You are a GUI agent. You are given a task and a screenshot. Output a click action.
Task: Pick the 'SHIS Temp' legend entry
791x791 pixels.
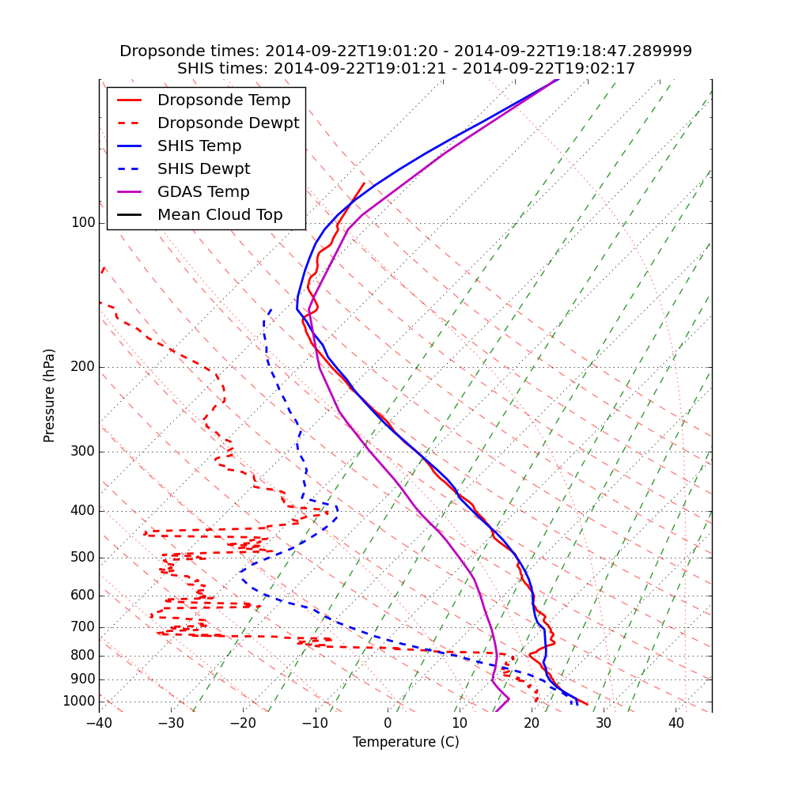199,146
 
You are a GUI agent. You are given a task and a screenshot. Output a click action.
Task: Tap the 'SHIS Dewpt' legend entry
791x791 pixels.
203,169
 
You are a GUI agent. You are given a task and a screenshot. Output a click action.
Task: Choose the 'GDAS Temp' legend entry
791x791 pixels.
203,192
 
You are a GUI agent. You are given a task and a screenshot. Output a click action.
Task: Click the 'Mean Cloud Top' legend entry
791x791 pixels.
220,215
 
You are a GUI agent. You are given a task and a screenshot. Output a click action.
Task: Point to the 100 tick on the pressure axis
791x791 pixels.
83,223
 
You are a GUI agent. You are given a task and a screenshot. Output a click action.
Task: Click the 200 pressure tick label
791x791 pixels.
83,367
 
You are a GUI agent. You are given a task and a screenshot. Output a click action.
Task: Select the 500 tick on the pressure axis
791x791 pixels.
83,558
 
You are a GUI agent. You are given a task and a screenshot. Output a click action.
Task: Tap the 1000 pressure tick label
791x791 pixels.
79,702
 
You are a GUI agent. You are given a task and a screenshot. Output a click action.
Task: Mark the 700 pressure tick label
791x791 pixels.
83,627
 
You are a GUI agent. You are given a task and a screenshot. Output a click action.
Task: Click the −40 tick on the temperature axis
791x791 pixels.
99,723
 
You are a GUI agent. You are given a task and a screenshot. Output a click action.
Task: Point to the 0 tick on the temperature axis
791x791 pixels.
388,723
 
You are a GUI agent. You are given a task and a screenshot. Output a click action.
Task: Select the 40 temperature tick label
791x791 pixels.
676,723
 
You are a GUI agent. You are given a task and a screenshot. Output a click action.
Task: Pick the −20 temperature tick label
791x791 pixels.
243,723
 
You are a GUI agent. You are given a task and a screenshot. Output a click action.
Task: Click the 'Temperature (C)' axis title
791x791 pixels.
406,743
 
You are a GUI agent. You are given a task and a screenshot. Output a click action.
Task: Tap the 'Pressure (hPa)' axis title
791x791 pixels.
50,395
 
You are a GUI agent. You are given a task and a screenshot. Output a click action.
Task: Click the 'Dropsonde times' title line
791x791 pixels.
406,51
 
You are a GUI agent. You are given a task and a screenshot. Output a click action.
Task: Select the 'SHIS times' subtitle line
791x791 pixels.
406,69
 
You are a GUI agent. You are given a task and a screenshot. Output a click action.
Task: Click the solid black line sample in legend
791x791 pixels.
129,215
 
